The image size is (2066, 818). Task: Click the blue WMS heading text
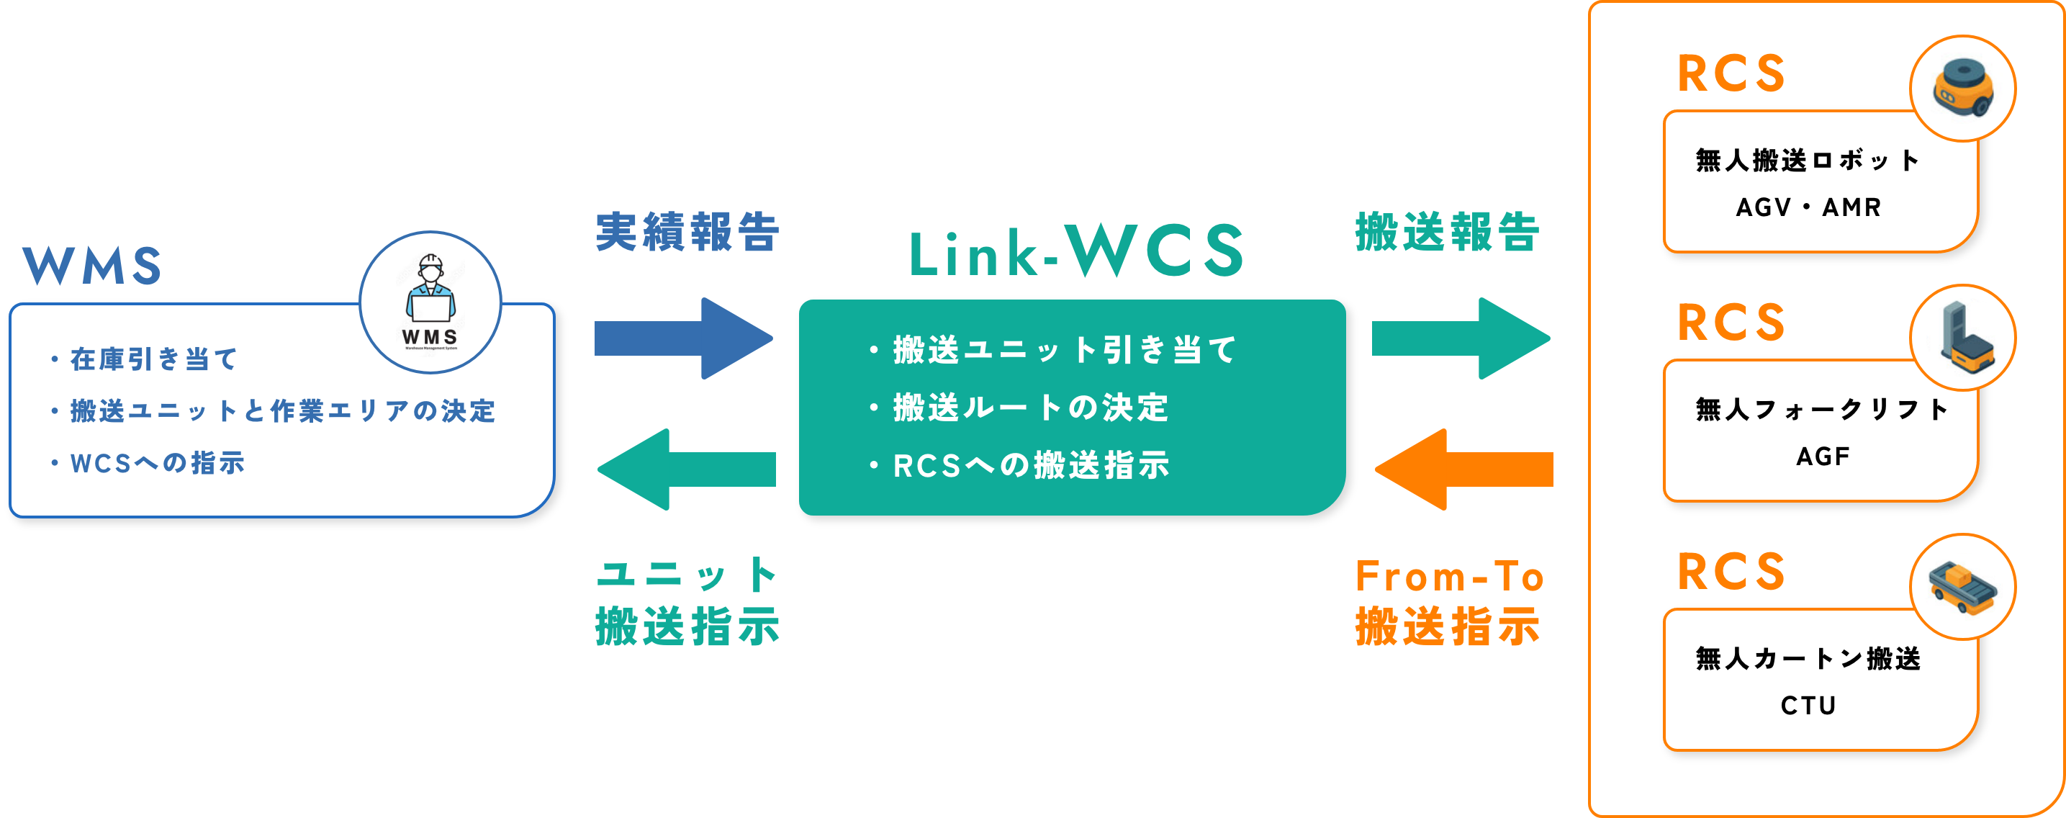(91, 266)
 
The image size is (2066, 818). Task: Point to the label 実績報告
(687, 233)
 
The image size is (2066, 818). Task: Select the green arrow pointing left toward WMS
(687, 469)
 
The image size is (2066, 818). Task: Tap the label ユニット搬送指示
(687, 601)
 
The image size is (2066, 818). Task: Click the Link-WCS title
(1075, 252)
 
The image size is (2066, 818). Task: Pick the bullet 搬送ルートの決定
(1030, 408)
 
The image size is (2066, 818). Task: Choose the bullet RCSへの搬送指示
(1031, 465)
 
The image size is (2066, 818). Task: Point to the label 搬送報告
(1448, 233)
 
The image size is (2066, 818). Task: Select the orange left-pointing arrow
(1464, 469)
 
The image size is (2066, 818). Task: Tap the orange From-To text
(1449, 577)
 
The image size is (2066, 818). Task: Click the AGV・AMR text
(1808, 207)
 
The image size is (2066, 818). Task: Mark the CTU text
(1808, 706)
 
